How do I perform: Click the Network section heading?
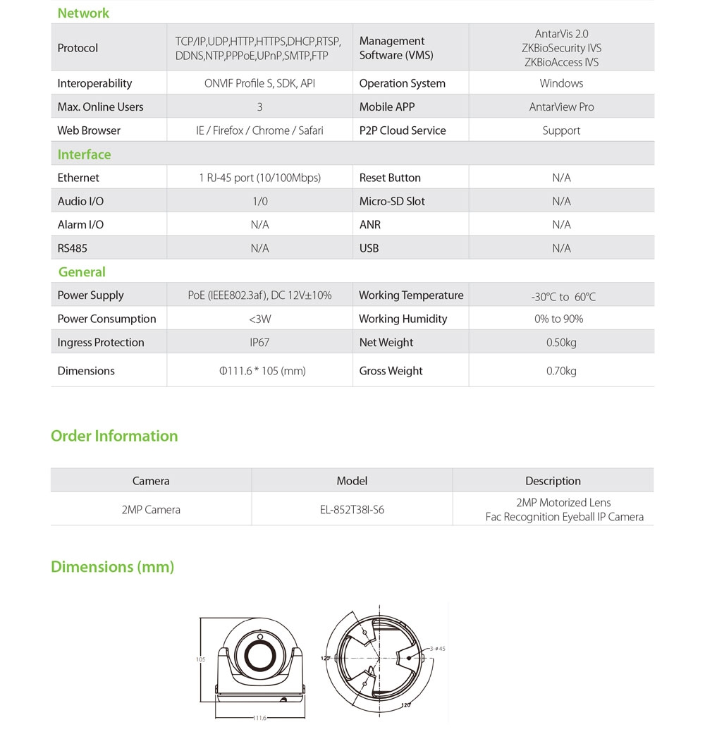coord(83,13)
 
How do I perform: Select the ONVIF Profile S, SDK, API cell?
coord(259,83)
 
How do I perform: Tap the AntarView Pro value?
coord(561,107)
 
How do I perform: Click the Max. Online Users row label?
coord(100,107)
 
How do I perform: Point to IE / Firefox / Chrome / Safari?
coord(259,130)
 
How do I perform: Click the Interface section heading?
coord(84,154)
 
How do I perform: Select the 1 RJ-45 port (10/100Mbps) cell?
coord(259,178)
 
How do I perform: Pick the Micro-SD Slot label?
coord(392,201)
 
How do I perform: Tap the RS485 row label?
coord(73,248)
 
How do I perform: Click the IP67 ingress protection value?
coord(259,343)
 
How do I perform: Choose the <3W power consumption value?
coord(259,319)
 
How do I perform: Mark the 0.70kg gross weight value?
coord(561,371)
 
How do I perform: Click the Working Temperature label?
coord(411,295)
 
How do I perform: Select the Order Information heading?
coord(114,436)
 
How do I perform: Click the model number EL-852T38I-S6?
coord(352,509)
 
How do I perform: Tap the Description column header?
coord(553,481)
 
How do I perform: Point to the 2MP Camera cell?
coord(151,509)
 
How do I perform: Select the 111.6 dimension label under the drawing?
coord(259,718)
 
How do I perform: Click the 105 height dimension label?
coord(200,660)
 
